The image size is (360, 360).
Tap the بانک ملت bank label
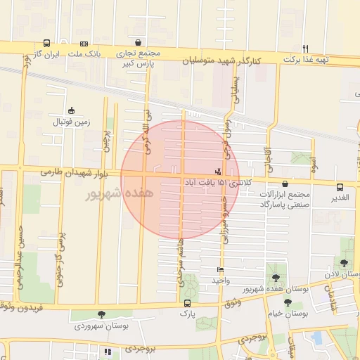click(x=89, y=53)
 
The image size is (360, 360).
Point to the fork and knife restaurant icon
click(x=305, y=49)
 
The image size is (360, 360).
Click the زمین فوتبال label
click(x=72, y=122)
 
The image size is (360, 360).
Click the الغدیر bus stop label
click(x=340, y=198)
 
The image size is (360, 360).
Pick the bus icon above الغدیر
click(x=340, y=187)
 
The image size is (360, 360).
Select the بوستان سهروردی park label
click(x=101, y=326)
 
